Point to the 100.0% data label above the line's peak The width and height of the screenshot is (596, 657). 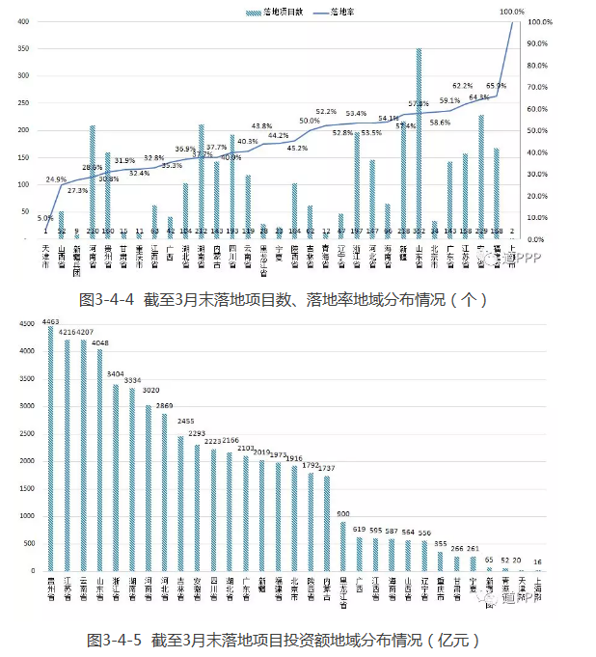pos(512,12)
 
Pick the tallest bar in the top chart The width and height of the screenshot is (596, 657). pos(419,145)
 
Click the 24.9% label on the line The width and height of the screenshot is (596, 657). pos(56,179)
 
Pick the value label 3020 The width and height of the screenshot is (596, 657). pos(149,392)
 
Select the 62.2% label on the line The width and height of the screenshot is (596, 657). pos(462,86)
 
